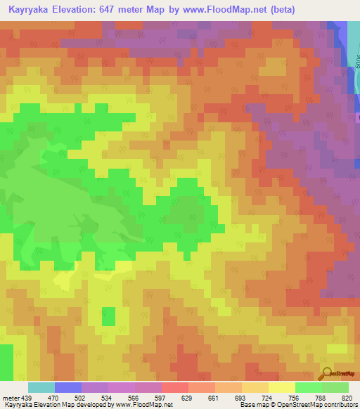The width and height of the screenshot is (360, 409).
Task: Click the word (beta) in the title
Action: click(277, 10)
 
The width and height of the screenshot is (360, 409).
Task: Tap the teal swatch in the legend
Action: click(41, 387)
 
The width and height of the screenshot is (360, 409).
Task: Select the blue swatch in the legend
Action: click(68, 387)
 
